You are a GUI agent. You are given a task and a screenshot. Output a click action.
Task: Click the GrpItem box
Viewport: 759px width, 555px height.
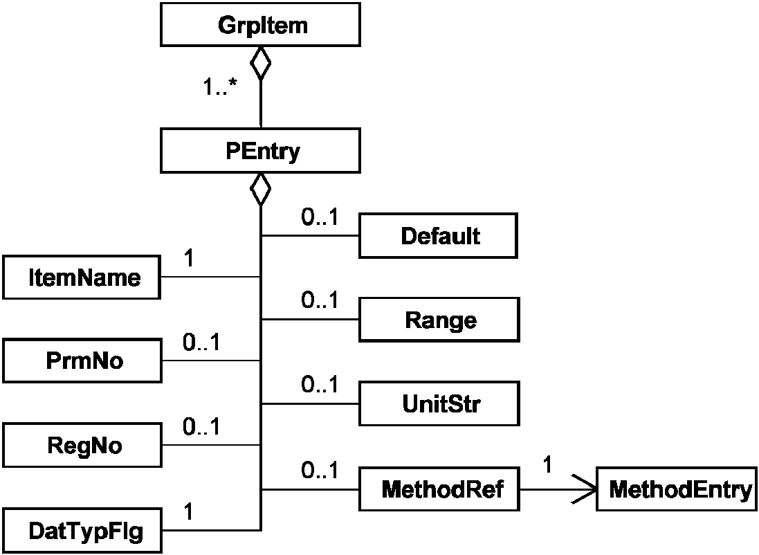[x=260, y=25]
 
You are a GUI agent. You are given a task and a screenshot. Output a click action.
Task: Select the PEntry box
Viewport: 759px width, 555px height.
[x=260, y=151]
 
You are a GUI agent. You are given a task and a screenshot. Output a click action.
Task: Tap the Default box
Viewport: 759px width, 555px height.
[x=439, y=236]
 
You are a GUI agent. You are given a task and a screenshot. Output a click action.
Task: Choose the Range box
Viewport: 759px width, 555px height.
[x=439, y=320]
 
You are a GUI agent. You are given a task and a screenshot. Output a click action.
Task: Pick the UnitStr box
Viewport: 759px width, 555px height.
[x=439, y=403]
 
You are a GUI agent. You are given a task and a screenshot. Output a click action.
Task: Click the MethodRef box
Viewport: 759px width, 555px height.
[x=439, y=489]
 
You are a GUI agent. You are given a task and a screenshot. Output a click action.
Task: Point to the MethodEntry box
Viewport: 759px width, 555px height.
[x=677, y=489]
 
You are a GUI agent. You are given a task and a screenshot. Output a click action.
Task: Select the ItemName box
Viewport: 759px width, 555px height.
[x=82, y=277]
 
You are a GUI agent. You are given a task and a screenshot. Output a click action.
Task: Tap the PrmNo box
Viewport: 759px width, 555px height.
[x=82, y=361]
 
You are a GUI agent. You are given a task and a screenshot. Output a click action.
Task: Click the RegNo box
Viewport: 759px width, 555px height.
[x=82, y=445]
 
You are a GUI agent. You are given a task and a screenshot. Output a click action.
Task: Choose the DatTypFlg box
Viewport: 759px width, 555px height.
[x=82, y=530]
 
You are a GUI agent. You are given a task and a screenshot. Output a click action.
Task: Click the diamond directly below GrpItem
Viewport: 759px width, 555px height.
[x=260, y=63]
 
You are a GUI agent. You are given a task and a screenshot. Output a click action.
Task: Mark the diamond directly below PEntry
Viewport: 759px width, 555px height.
[x=260, y=190]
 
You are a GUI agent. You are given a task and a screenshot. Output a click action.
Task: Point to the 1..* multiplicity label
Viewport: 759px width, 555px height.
[x=220, y=87]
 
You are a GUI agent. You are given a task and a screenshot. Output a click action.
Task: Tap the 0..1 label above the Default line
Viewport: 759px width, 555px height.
[x=320, y=217]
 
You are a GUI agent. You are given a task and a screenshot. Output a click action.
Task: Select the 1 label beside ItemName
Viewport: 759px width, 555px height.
[x=190, y=257]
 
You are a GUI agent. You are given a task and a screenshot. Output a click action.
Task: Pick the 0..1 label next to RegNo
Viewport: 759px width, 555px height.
[x=201, y=426]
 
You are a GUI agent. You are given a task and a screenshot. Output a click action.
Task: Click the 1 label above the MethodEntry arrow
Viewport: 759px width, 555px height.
[x=547, y=464]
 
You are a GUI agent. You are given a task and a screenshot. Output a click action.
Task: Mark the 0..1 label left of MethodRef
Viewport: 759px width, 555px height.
[x=320, y=470]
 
